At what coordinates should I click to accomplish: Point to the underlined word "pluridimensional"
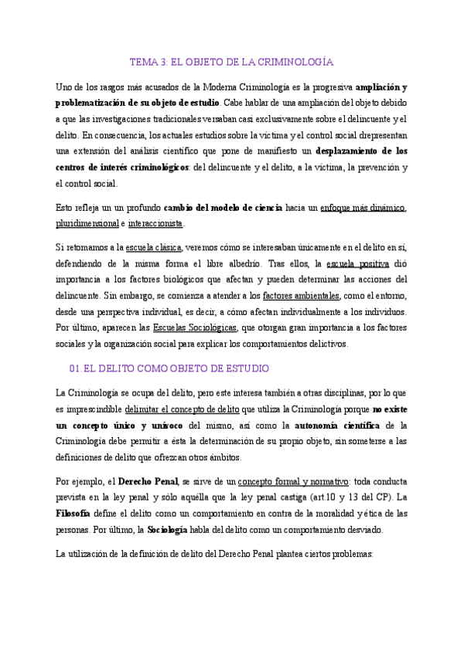pyautogui.click(x=87, y=223)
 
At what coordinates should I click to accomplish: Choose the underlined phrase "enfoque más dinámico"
pyautogui.click(x=363, y=208)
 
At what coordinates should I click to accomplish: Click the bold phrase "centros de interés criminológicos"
pyautogui.click(x=122, y=167)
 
